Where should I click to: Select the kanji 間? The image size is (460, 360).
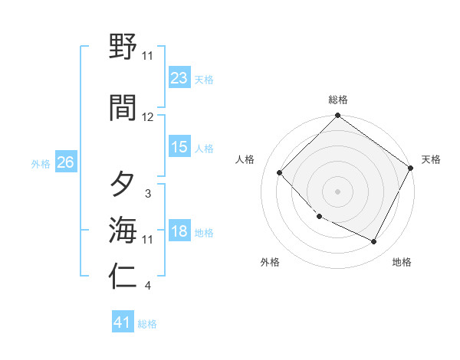[123, 106]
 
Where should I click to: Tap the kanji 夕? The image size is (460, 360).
[123, 184]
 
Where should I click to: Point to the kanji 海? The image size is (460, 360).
[123, 229]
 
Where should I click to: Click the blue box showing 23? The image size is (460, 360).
[179, 78]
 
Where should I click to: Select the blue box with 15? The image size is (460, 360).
[179, 147]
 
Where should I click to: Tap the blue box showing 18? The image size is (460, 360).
[179, 231]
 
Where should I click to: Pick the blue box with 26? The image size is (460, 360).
[66, 162]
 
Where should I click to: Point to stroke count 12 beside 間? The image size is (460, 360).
[148, 117]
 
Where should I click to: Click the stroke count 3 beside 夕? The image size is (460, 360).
[148, 194]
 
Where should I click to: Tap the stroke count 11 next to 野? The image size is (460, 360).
[148, 56]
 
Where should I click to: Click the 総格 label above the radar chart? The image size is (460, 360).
[337, 100]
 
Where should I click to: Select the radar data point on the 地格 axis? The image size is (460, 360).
[374, 242]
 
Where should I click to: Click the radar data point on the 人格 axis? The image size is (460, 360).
[280, 172]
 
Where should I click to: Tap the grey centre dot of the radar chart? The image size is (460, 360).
[337, 191]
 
